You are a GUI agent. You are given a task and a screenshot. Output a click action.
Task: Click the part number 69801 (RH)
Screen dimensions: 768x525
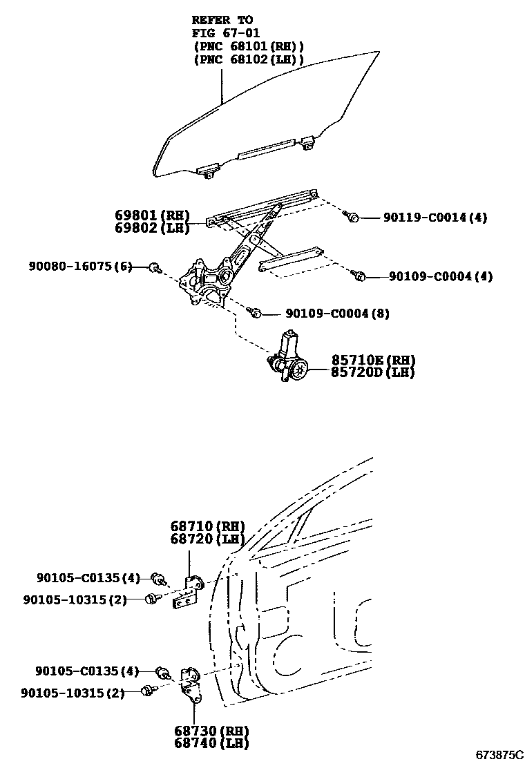pyautogui.click(x=152, y=215)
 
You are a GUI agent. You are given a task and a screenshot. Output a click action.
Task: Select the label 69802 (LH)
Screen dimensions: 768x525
pyautogui.click(x=152, y=228)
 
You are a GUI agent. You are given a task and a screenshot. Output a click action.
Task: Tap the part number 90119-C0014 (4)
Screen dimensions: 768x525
pyautogui.click(x=435, y=218)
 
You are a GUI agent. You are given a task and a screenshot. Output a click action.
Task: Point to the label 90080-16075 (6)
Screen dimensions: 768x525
pyautogui.click(x=80, y=266)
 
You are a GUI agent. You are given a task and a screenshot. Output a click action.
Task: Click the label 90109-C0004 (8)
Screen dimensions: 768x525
pyautogui.click(x=337, y=314)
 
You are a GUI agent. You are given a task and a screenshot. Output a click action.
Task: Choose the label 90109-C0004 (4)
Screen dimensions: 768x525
pyautogui.click(x=440, y=276)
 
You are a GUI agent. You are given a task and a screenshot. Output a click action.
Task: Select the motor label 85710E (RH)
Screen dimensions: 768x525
pyautogui.click(x=373, y=361)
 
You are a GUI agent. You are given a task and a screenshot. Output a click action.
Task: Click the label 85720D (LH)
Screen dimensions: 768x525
pyautogui.click(x=373, y=372)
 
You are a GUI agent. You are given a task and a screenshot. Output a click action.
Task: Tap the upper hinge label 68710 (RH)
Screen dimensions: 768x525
pyautogui.click(x=207, y=526)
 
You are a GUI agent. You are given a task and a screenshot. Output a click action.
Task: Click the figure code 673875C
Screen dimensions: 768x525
pyautogui.click(x=499, y=754)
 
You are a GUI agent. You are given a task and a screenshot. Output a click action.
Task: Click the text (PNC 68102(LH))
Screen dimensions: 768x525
pyautogui.click(x=249, y=59)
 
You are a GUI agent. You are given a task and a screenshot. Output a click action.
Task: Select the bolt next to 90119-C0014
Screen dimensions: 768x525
pyautogui.click(x=352, y=218)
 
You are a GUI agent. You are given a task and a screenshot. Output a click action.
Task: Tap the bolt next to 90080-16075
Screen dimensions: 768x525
pyautogui.click(x=154, y=267)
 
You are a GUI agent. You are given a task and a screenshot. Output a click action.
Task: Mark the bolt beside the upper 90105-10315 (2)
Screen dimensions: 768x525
pyautogui.click(x=150, y=599)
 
